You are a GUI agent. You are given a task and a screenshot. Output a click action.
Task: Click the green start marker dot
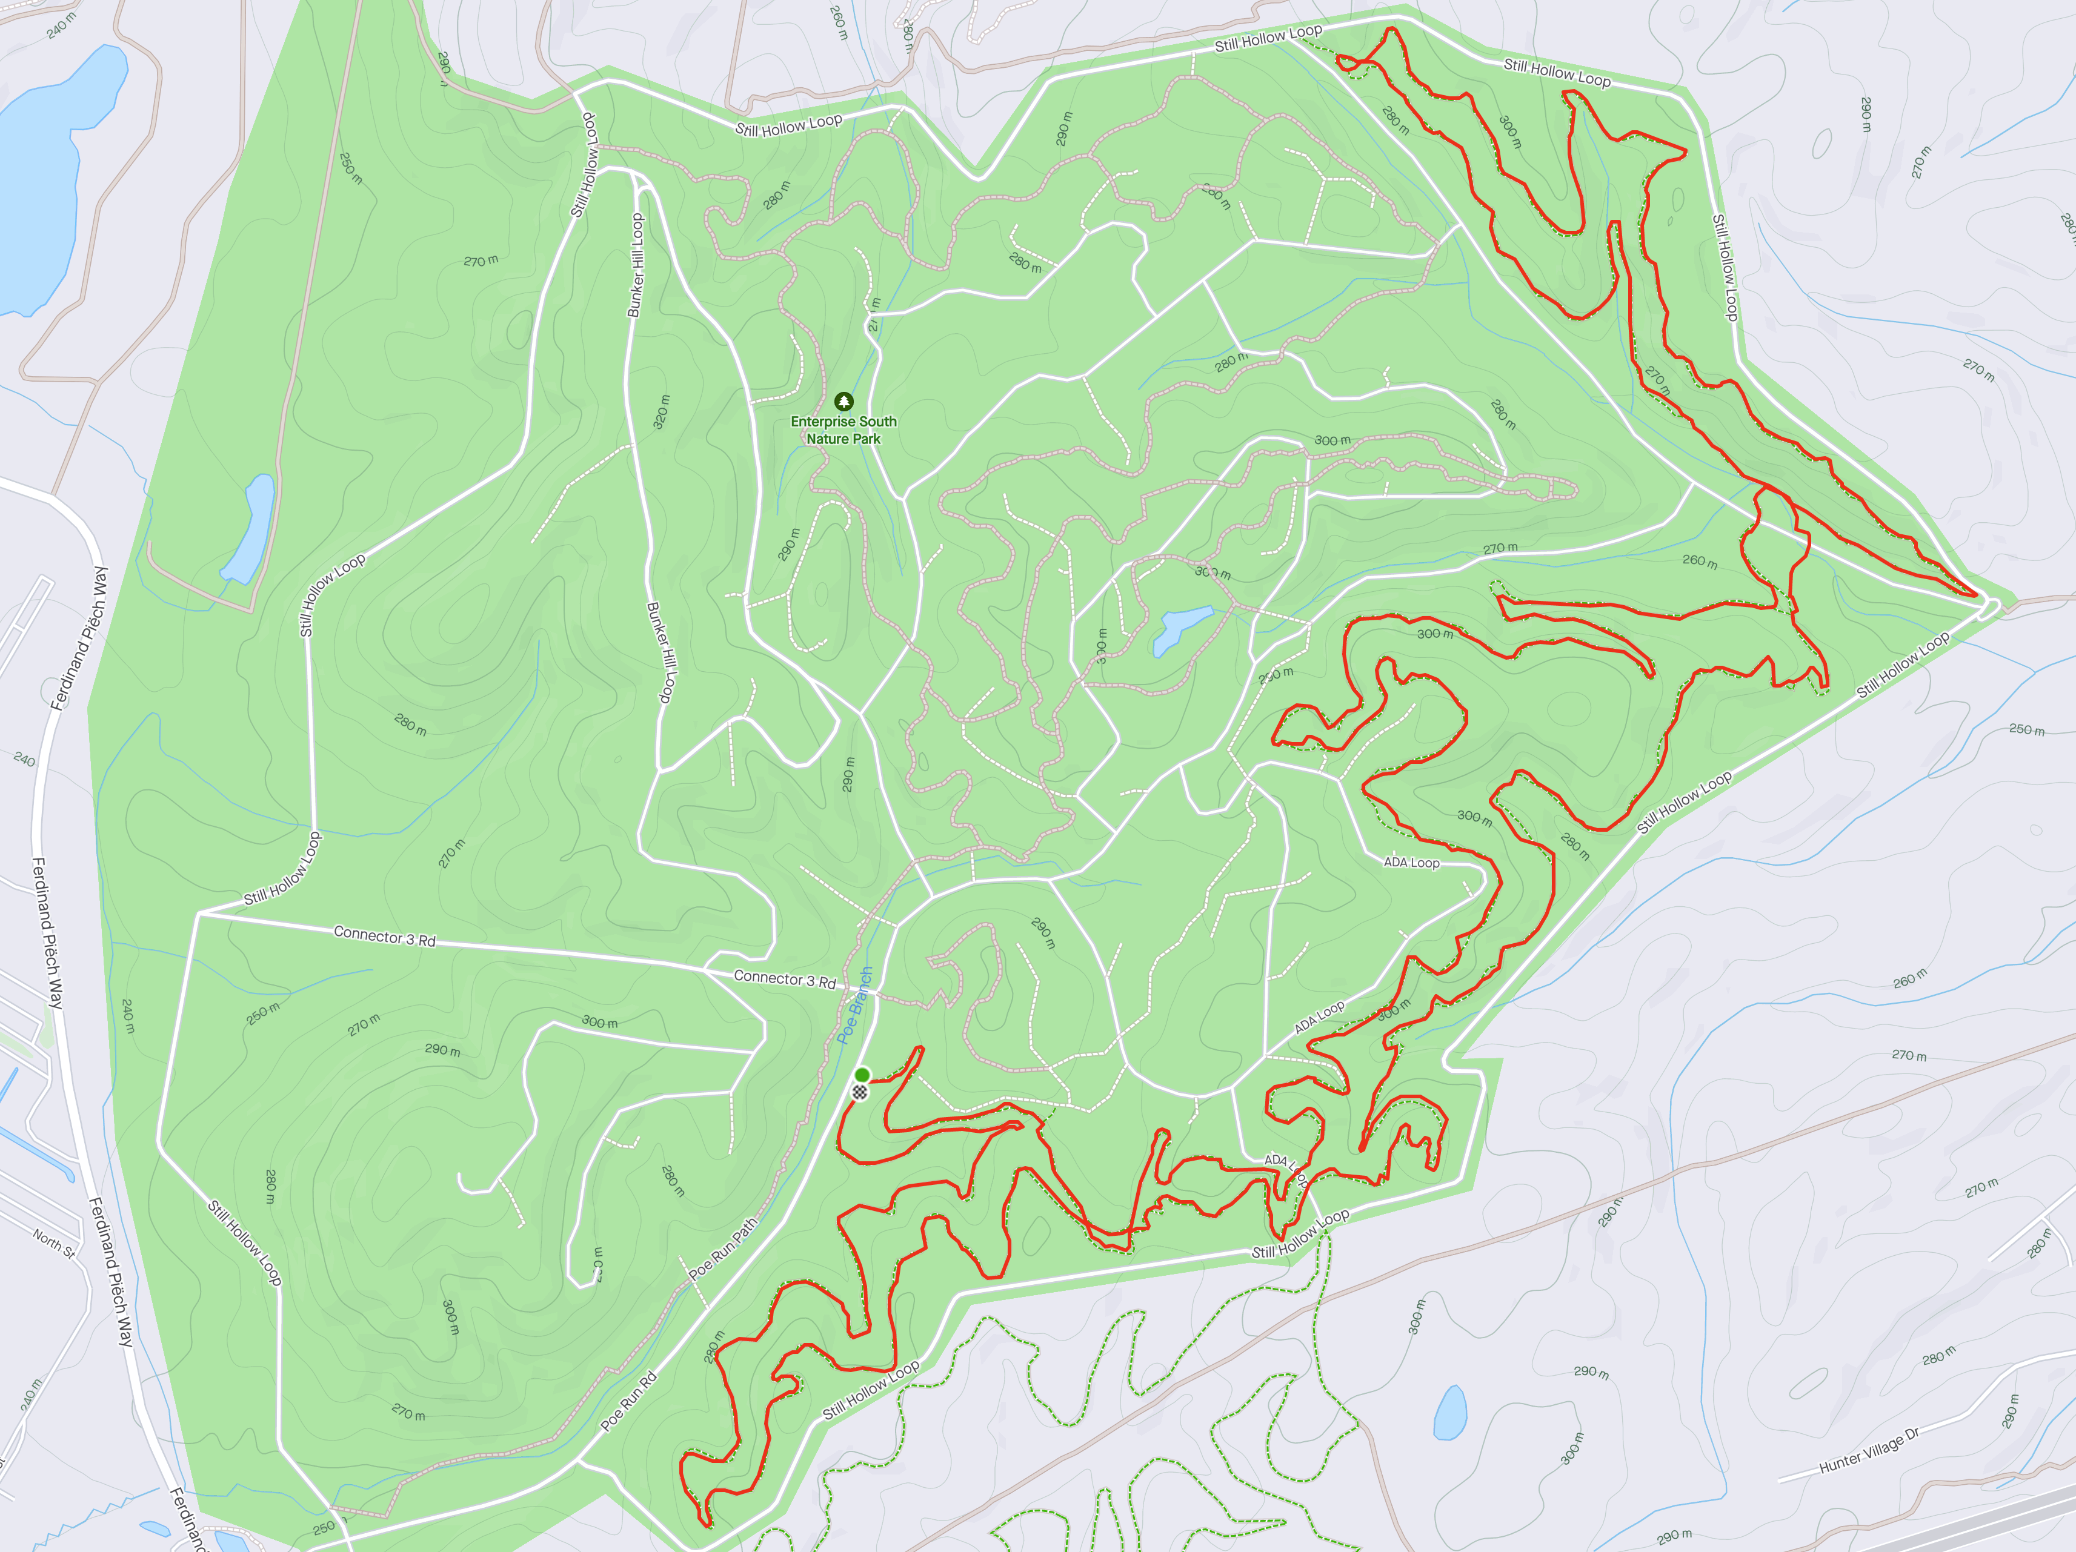862,1075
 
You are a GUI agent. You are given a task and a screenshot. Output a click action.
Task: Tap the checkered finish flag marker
860,1091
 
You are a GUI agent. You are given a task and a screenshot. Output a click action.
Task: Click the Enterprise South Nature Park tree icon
843,402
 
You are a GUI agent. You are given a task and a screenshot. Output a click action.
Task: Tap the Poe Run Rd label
629,1401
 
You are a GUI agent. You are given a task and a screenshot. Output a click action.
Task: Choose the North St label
53,1243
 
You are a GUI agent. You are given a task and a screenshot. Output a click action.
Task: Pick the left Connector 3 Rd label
385,935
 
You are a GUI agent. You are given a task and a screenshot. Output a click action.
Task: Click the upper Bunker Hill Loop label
636,265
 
